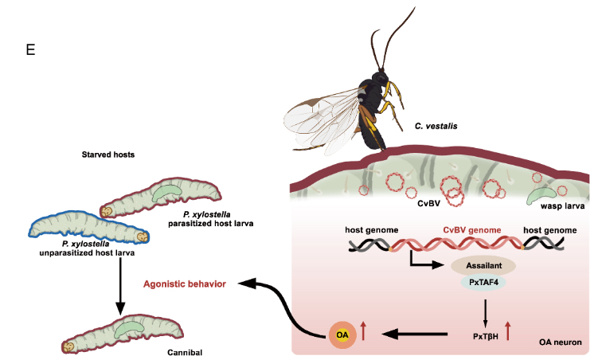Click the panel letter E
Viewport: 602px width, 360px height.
click(31, 50)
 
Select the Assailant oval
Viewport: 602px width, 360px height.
click(483, 265)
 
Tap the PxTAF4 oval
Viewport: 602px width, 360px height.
click(483, 283)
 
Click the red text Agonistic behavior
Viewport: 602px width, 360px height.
click(184, 284)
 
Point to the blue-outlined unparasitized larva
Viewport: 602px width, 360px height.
click(88, 225)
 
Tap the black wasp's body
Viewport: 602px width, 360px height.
click(374, 104)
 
